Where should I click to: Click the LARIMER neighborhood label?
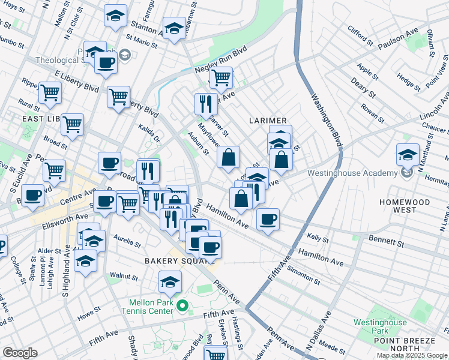point(268,121)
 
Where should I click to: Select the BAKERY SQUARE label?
point(174,261)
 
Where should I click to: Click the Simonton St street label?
point(304,275)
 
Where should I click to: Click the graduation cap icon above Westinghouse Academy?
point(408,155)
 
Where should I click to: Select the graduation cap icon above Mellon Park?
point(170,282)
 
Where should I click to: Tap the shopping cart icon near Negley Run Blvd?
point(221,77)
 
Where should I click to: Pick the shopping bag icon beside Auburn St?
point(228,158)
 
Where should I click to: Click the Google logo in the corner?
point(20,353)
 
